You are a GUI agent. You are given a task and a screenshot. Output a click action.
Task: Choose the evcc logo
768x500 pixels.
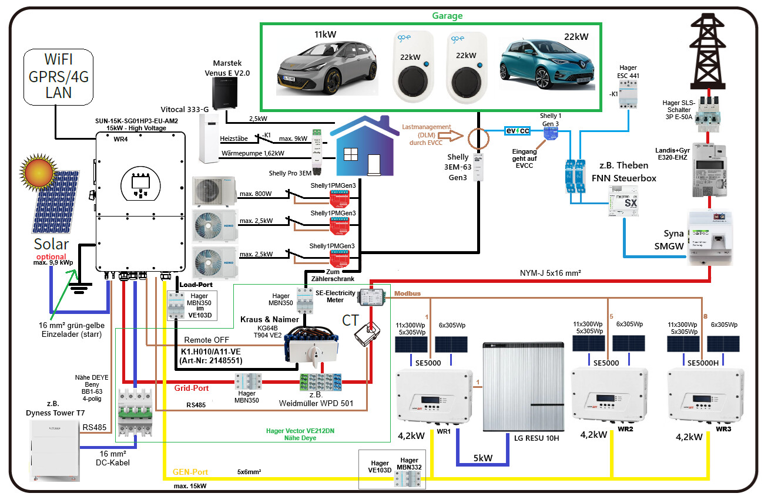coord(517,131)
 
